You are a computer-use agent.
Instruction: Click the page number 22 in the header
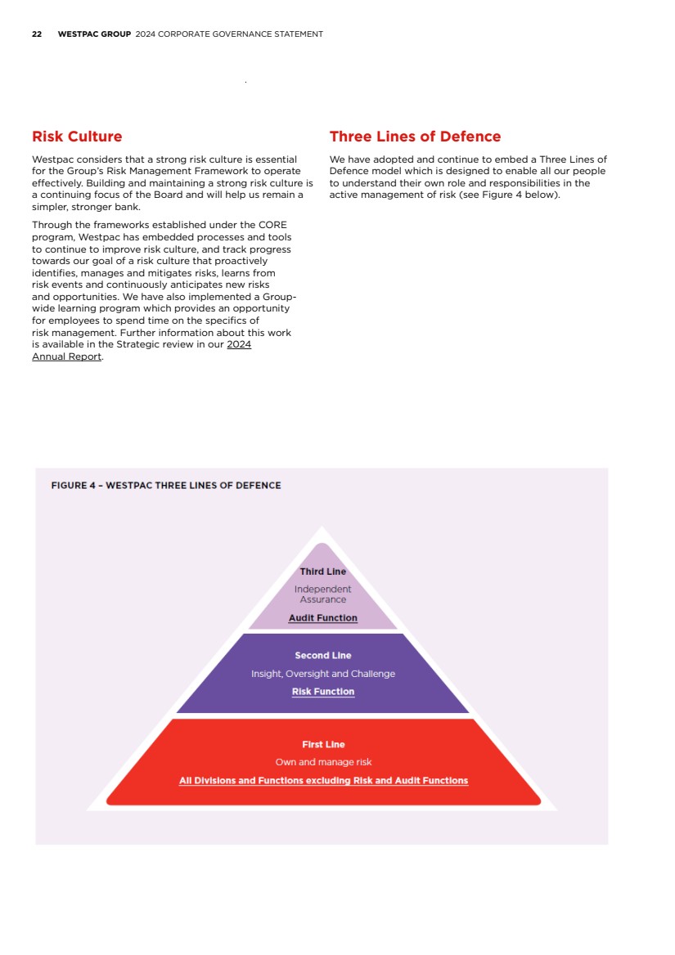pyautogui.click(x=37, y=34)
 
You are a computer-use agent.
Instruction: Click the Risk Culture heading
pyautogui.click(x=77, y=137)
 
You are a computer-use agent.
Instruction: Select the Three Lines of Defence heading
pyautogui.click(x=415, y=137)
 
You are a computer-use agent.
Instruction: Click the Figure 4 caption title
pyautogui.click(x=166, y=486)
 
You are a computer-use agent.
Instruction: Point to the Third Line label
pyautogui.click(x=322, y=572)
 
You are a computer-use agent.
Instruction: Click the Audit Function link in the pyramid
pyautogui.click(x=322, y=618)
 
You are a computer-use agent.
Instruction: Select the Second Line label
pyautogui.click(x=322, y=656)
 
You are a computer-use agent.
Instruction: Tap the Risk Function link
pyautogui.click(x=322, y=692)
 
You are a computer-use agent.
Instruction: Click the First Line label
pyautogui.click(x=323, y=745)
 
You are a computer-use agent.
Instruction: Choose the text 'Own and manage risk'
pyautogui.click(x=323, y=762)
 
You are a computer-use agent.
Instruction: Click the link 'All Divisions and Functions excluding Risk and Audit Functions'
pyautogui.click(x=323, y=781)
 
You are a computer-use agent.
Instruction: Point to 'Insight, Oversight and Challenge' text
pyautogui.click(x=322, y=674)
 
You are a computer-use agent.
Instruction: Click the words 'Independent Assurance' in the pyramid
pyautogui.click(x=322, y=594)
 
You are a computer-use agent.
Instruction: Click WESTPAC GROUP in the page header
pyautogui.click(x=94, y=34)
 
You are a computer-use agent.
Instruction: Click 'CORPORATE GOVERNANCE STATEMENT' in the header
pyautogui.click(x=241, y=34)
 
